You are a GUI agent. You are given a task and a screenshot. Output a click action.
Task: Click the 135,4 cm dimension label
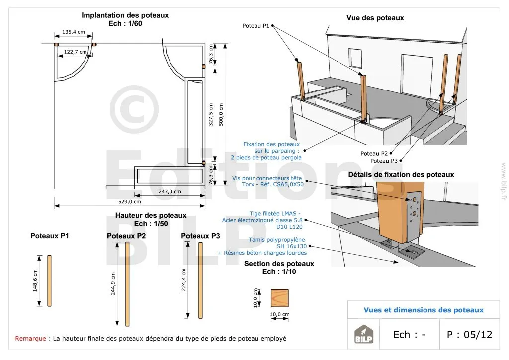73,32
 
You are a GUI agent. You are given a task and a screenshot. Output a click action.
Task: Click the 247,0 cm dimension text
170,191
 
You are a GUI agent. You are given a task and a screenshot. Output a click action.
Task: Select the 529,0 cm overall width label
130,201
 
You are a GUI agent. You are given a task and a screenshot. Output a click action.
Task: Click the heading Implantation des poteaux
125,15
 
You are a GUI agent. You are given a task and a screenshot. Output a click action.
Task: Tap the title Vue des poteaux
375,18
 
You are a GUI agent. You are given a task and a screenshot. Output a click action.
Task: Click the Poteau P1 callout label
255,25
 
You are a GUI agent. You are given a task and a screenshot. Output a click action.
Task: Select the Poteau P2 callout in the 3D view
374,153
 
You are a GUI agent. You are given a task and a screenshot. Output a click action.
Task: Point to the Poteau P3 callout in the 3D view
384,161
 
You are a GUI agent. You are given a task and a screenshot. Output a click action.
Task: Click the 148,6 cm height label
36,281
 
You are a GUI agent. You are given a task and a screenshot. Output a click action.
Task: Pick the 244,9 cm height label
113,284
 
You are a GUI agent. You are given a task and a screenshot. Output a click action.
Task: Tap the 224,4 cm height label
184,280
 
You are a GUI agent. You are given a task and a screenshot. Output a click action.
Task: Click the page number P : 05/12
469,334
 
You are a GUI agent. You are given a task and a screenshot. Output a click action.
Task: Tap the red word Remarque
31,339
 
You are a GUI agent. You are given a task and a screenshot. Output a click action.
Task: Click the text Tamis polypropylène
277,240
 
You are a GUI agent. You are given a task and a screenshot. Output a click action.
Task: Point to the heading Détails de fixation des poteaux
401,174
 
